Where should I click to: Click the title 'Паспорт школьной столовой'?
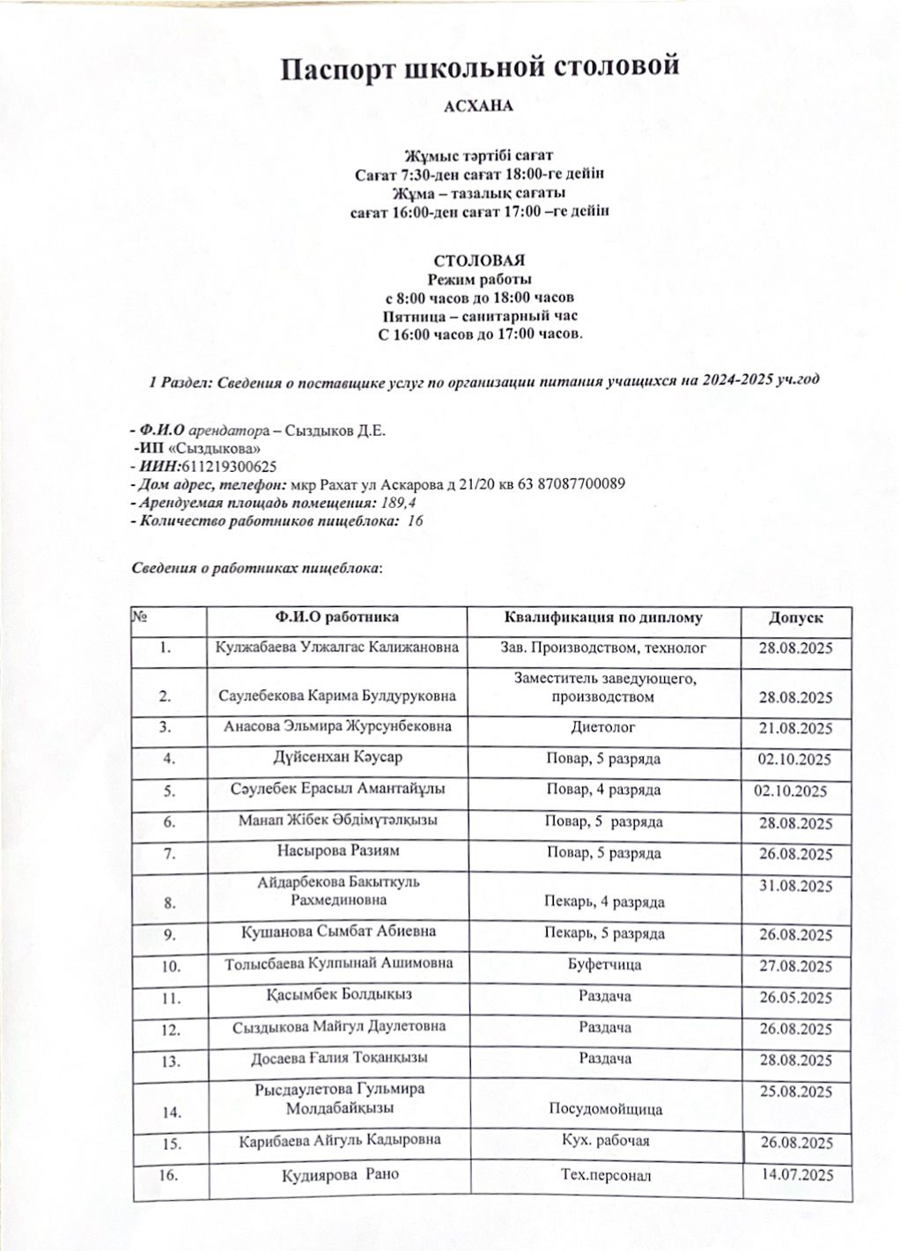[x=480, y=69]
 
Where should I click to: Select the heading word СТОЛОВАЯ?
[x=479, y=261]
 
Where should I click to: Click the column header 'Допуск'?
[x=795, y=618]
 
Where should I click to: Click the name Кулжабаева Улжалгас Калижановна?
[x=337, y=648]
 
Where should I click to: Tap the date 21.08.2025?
[x=795, y=729]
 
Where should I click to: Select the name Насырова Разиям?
[x=337, y=852]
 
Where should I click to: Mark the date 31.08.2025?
[x=795, y=887]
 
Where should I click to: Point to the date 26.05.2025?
[x=795, y=998]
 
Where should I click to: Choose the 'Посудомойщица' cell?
[x=606, y=1109]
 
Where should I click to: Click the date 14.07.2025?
[x=795, y=1174]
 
